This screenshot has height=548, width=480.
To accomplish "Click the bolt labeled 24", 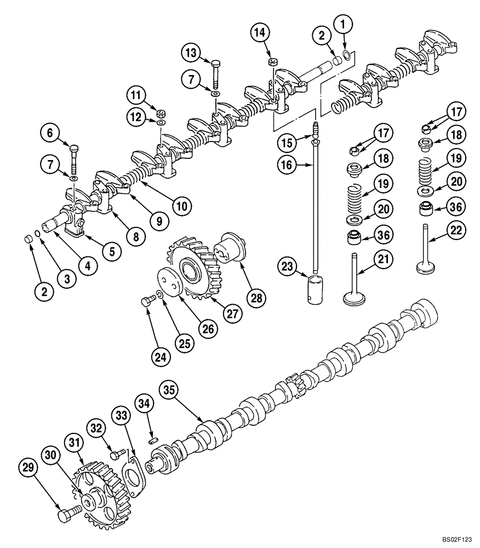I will click(146, 300).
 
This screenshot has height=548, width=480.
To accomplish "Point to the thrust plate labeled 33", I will click(133, 472).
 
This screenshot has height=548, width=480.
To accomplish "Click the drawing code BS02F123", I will click(458, 540).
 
